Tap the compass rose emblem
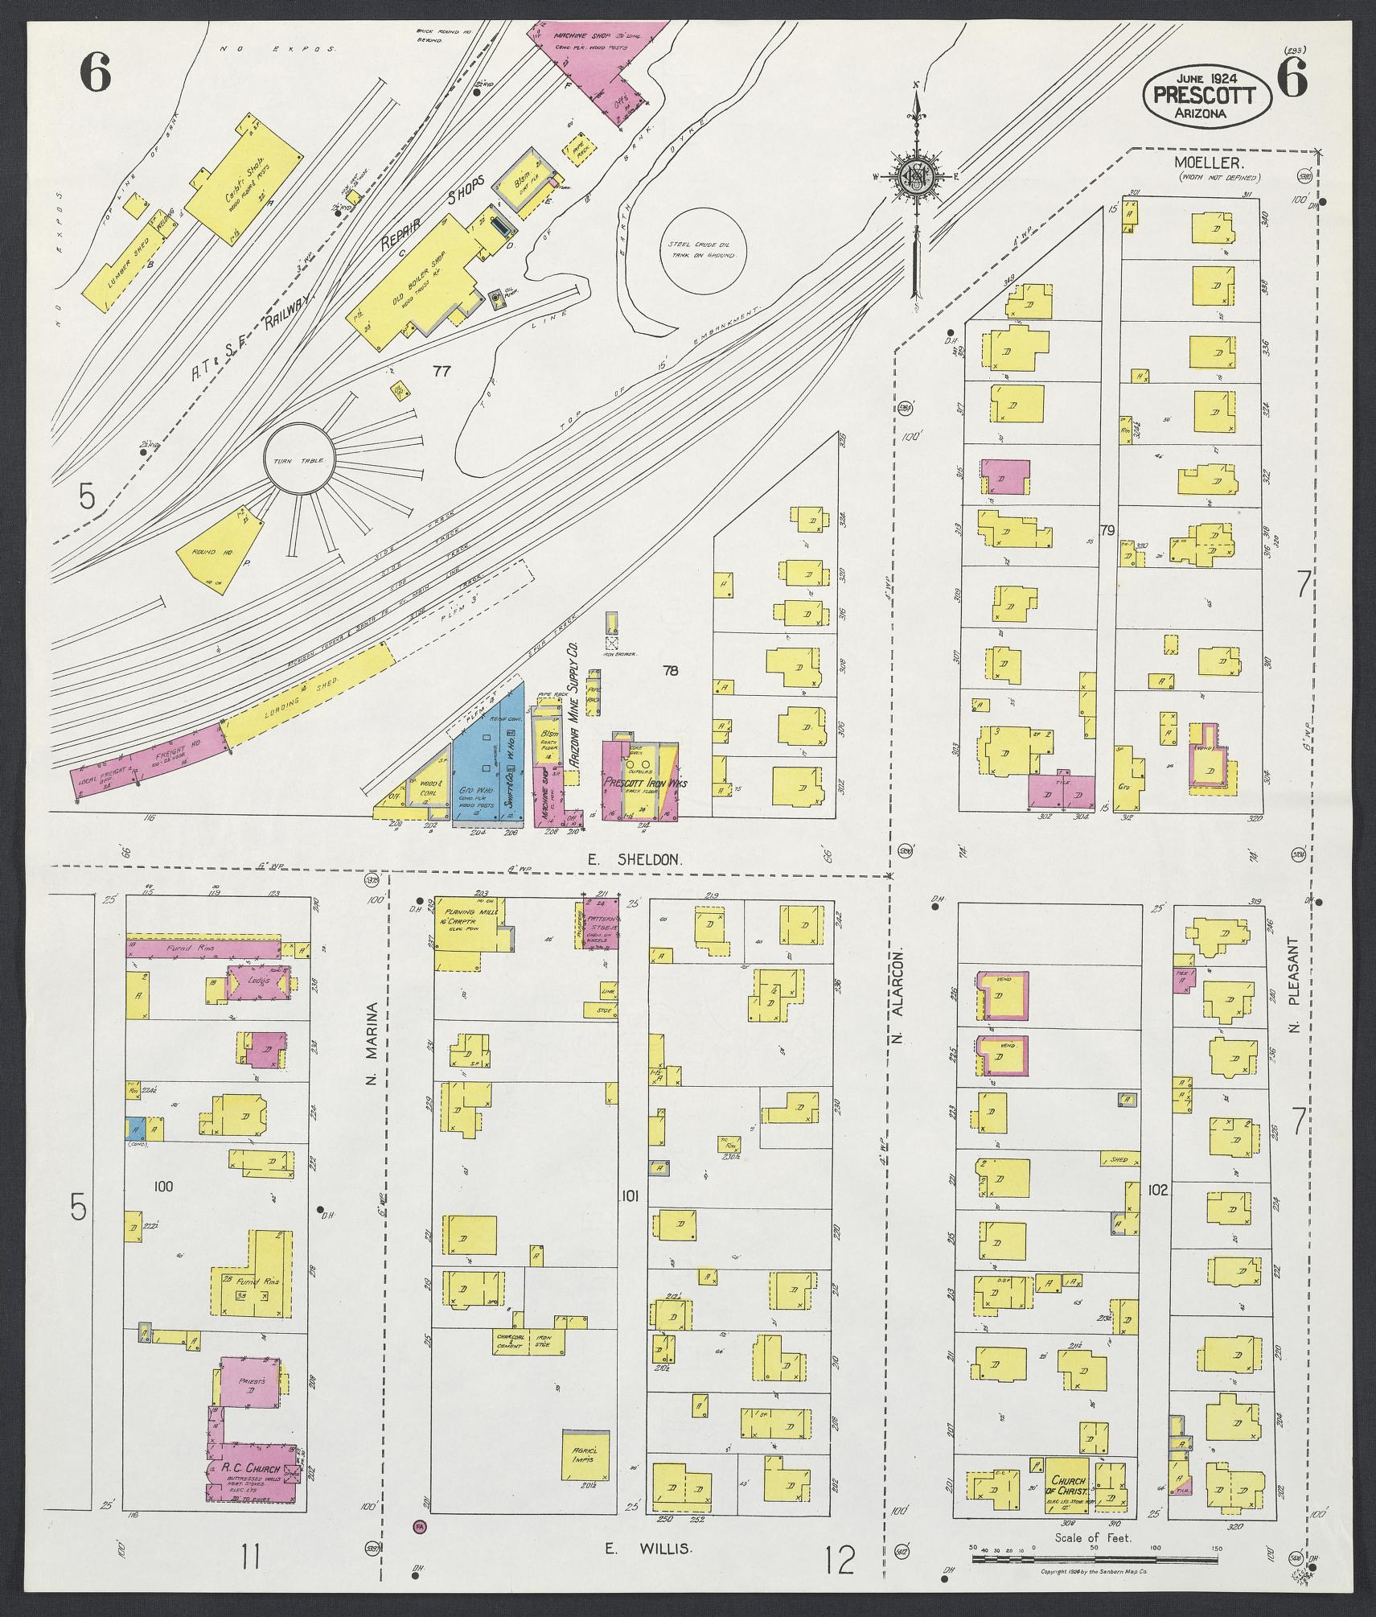pos(915,176)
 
